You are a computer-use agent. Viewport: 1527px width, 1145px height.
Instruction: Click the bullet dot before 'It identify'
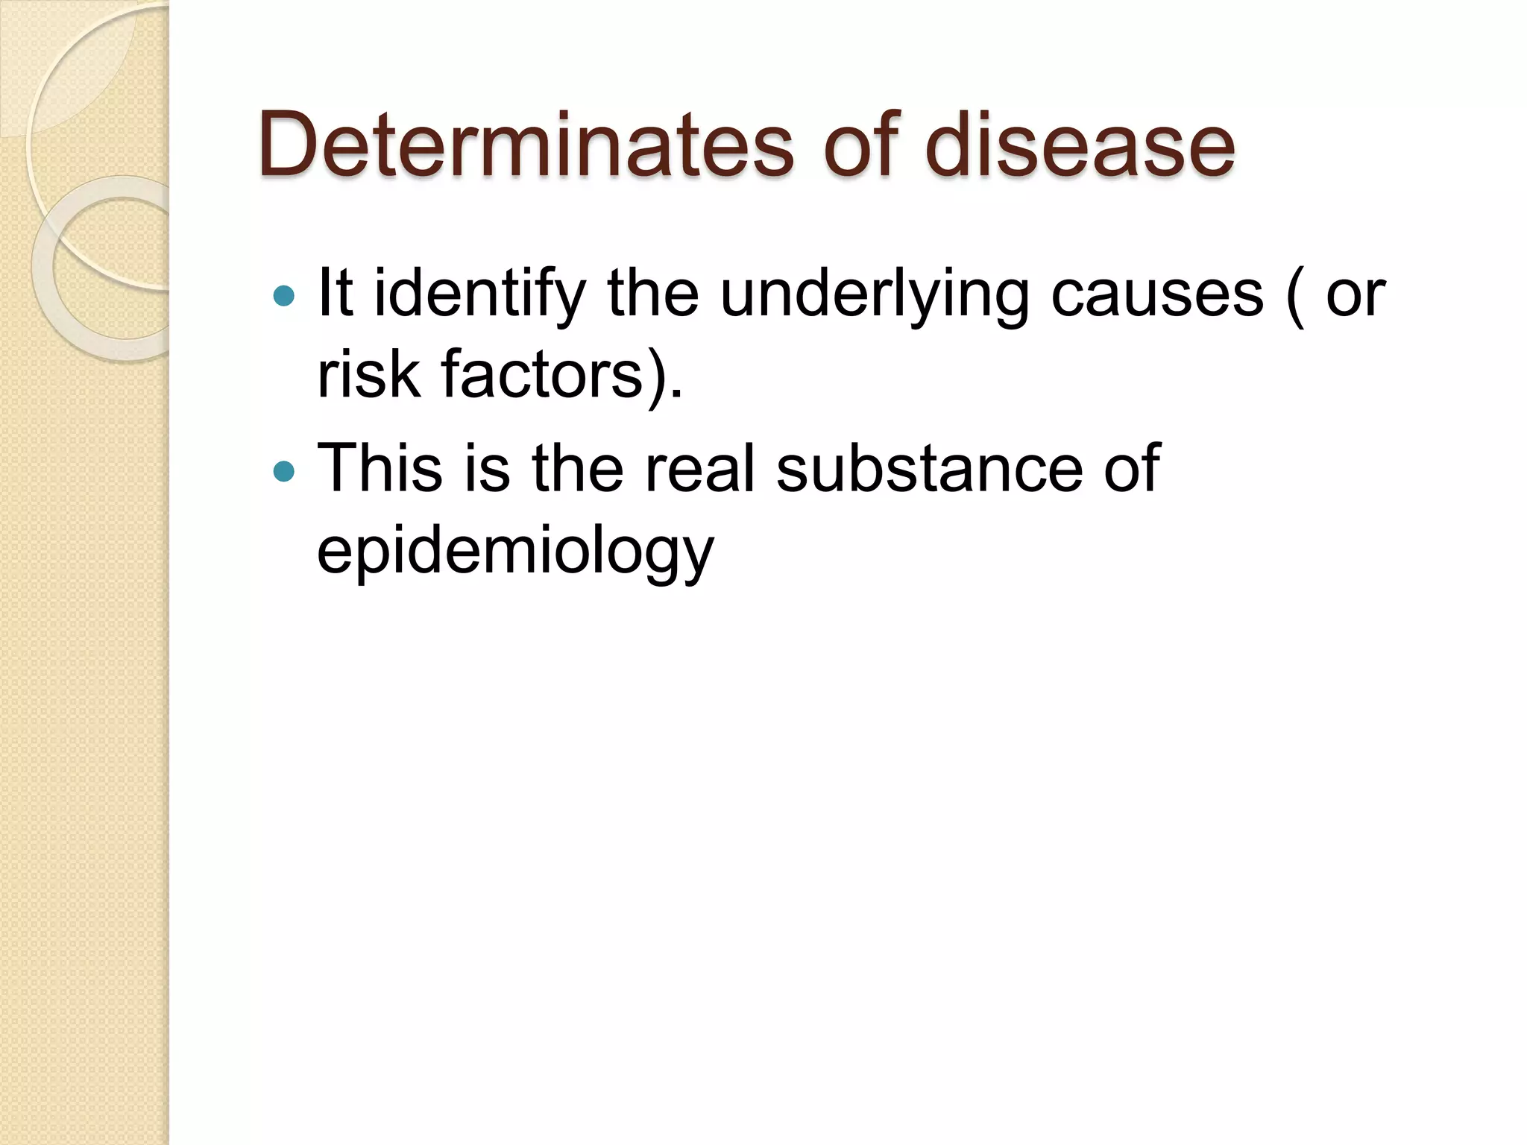coord(284,297)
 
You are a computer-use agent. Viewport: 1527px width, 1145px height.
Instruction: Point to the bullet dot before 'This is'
coord(284,471)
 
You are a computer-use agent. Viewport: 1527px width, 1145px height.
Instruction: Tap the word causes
coord(1157,294)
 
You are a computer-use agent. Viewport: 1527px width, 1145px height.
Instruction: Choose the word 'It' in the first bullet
coord(335,294)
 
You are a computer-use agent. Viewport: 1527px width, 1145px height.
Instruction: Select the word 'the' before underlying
coord(653,294)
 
